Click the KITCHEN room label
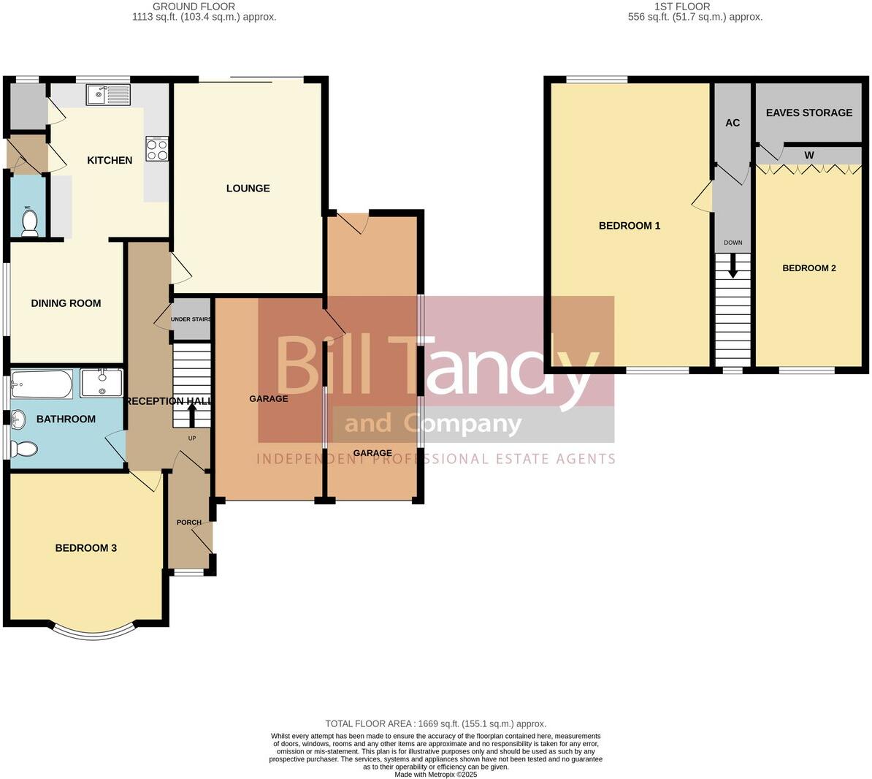click(110, 160)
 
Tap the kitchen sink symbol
click(107, 94)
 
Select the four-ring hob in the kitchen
click(157, 149)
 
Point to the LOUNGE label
click(248, 188)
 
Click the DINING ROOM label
click(66, 303)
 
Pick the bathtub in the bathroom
click(42, 384)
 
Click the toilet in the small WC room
click(29, 225)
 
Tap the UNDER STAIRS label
click(191, 319)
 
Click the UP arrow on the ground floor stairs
click(193, 414)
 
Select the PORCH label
click(189, 522)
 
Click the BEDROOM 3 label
click(86, 548)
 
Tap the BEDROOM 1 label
click(629, 226)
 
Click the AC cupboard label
click(733, 123)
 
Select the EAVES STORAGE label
click(808, 113)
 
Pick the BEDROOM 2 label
click(808, 268)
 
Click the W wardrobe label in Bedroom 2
click(808, 155)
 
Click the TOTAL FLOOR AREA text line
click(435, 723)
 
